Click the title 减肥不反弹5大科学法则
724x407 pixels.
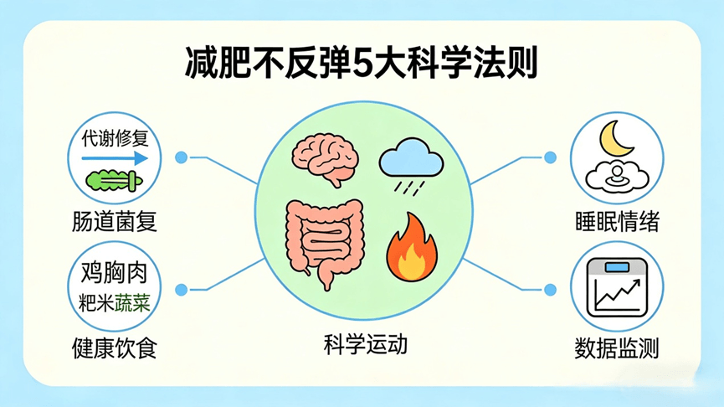(361, 62)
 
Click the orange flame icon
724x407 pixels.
(412, 247)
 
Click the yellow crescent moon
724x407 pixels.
(615, 139)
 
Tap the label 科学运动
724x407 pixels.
(365, 345)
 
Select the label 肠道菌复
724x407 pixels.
(115, 221)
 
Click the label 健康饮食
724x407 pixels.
(115, 348)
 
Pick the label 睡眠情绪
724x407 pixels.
(617, 221)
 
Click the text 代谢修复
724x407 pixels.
(115, 138)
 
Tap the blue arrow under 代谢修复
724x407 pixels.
(115, 158)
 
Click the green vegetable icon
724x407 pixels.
(115, 180)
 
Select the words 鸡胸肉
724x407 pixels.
(114, 272)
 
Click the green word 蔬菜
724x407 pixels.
(132, 303)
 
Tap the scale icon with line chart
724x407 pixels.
(617, 287)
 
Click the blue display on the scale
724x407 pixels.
(617, 267)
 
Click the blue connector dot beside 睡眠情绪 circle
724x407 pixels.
(550, 157)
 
